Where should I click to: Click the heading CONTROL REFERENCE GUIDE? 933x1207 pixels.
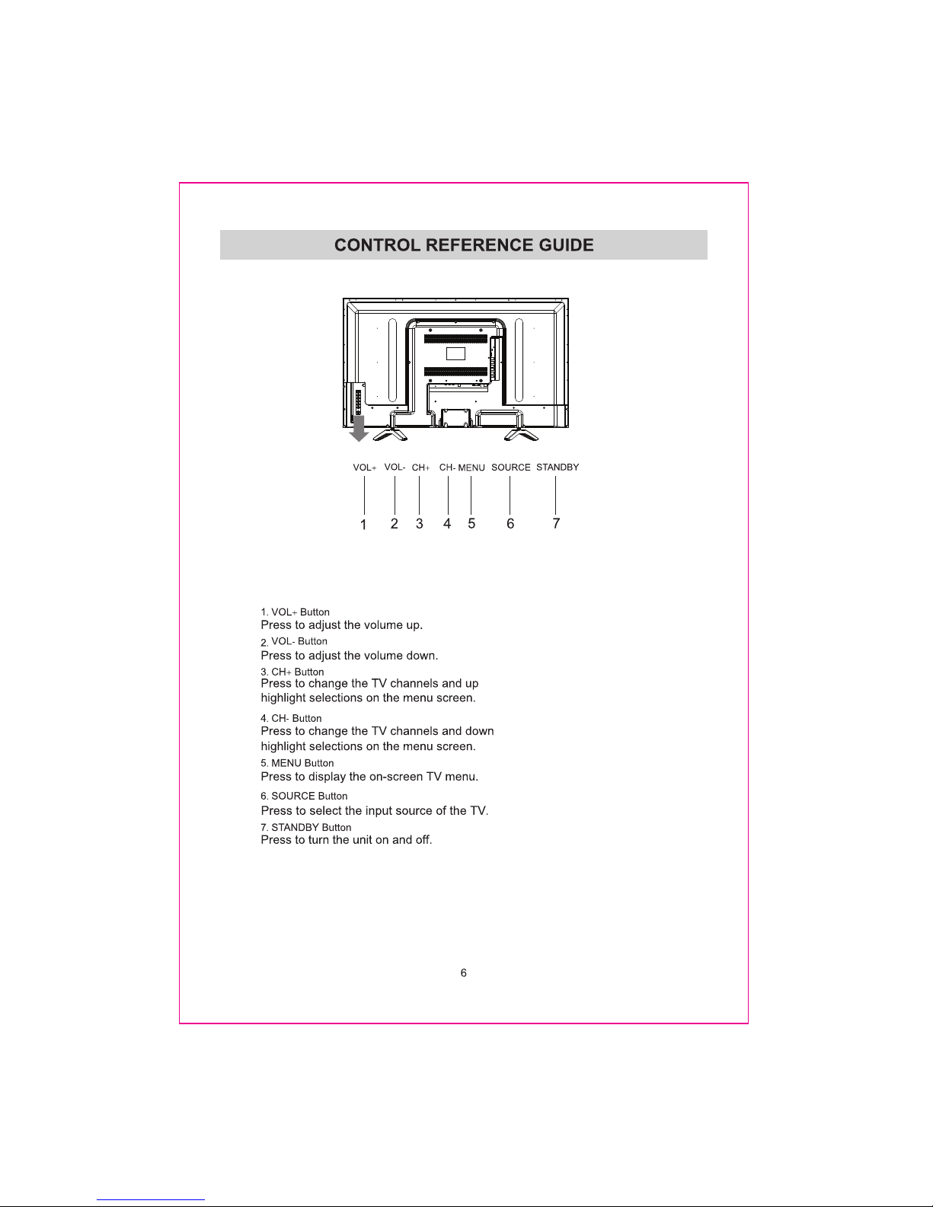(x=464, y=245)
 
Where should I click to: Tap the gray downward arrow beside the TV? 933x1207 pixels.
(x=359, y=429)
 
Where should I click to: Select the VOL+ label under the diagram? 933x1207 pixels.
(x=365, y=468)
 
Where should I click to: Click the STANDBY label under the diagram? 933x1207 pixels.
(x=558, y=467)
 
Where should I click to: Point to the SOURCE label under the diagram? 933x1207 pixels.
(x=510, y=468)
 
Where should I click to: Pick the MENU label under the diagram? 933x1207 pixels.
(x=471, y=468)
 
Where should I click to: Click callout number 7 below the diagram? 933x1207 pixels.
(x=557, y=523)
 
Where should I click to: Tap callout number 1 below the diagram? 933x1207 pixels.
(x=363, y=525)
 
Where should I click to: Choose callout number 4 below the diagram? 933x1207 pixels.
(x=447, y=524)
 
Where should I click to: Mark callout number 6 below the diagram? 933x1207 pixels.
(x=510, y=524)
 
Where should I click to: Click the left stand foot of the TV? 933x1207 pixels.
(x=393, y=431)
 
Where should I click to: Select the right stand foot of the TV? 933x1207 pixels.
(x=522, y=431)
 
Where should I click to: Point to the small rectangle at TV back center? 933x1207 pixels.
(x=455, y=353)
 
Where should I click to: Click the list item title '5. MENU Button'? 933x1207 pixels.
(x=297, y=763)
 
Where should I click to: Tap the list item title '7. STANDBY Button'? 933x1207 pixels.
(x=306, y=827)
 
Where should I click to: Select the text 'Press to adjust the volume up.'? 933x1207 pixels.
(x=341, y=625)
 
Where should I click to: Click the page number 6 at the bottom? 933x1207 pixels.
(x=463, y=973)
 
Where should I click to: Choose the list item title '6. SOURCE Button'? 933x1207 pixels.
(x=304, y=796)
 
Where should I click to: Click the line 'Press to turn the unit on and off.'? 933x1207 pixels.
(x=347, y=840)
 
